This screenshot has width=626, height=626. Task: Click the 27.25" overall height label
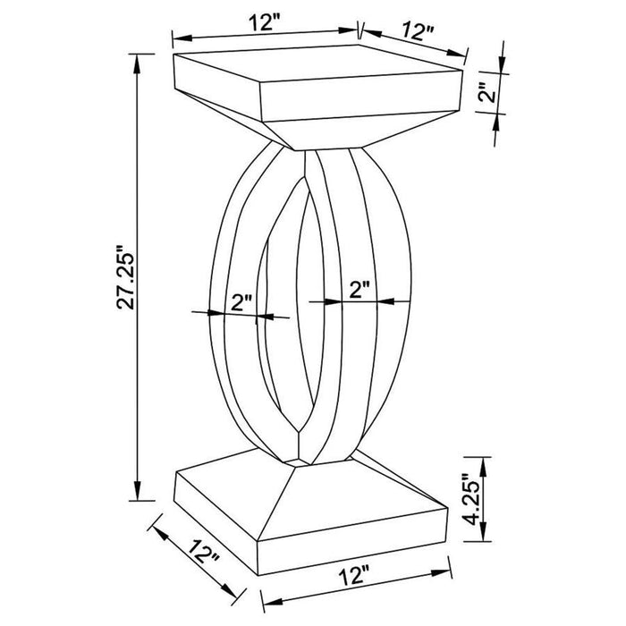[123, 276]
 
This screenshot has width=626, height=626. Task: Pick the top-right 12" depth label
[417, 31]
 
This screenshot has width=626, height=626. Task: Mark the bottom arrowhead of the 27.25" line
[140, 495]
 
